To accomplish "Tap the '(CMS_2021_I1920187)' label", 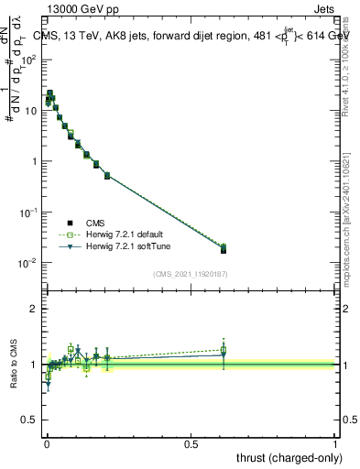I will [190, 274].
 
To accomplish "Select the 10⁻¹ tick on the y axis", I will [29, 213].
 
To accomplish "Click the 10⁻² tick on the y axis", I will [29, 264].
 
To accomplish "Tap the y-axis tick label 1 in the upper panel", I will [36, 162].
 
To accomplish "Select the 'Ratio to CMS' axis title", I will [14, 364].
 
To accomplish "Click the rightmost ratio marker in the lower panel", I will [224, 351].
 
